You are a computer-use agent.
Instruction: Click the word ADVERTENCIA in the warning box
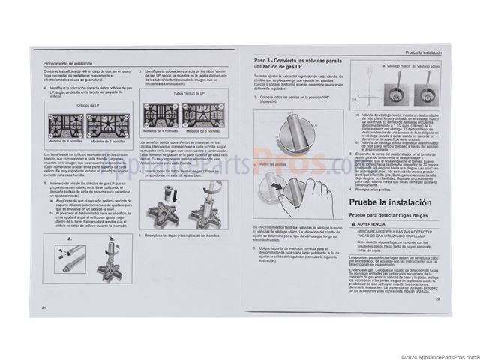[x=372, y=224]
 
